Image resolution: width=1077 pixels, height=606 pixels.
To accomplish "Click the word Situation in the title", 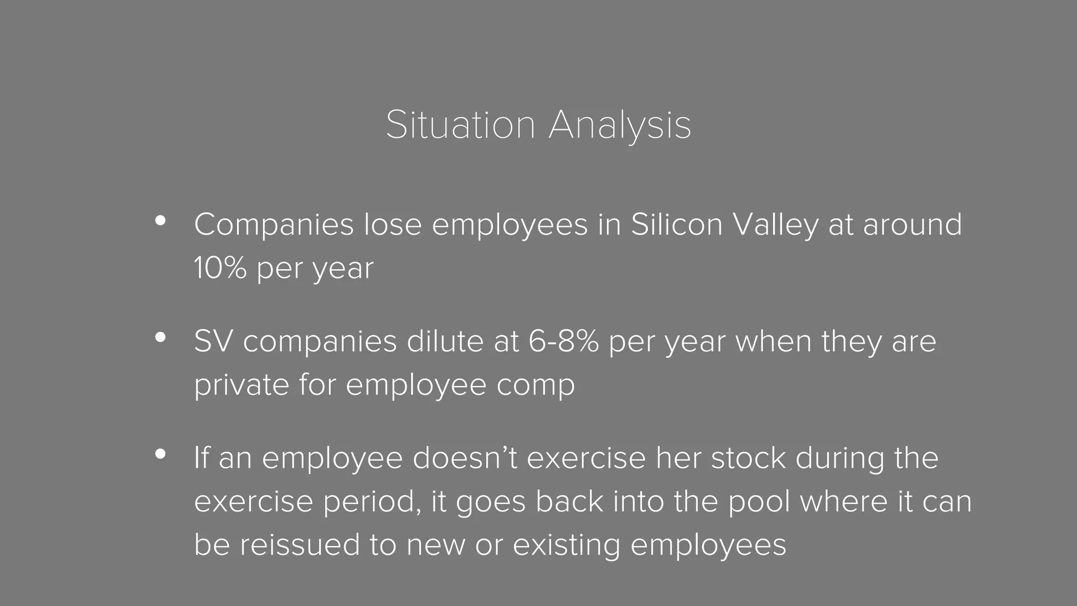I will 460,125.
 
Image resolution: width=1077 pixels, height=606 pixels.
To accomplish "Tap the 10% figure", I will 220,268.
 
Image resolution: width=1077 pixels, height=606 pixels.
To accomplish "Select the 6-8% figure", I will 563,341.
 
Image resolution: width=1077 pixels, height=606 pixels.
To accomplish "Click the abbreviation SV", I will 214,341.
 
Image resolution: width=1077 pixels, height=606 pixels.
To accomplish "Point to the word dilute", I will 445,341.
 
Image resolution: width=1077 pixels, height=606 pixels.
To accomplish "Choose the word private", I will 241,386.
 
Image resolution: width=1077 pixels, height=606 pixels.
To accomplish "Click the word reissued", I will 300,544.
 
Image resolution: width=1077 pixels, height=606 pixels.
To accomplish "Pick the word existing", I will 566,546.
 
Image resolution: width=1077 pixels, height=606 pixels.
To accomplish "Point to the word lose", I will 393,225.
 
